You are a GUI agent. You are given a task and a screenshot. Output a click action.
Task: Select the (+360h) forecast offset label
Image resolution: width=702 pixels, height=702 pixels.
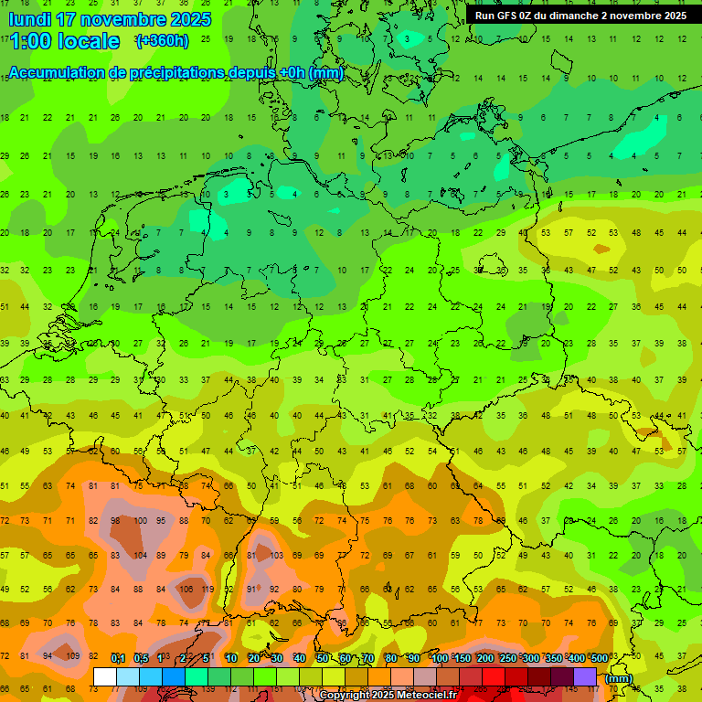coord(162,41)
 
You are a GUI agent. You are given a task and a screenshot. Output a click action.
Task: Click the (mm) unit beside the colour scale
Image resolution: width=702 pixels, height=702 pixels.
coord(619,678)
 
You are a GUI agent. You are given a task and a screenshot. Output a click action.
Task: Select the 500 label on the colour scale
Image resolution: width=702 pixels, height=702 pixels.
coord(599,658)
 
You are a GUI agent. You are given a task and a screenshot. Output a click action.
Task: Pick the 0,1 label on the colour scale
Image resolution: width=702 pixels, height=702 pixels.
coord(118,658)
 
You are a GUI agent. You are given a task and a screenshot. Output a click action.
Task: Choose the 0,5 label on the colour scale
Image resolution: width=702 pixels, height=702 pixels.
coord(141,658)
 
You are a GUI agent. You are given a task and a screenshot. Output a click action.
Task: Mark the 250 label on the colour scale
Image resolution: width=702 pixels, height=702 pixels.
coord(507,658)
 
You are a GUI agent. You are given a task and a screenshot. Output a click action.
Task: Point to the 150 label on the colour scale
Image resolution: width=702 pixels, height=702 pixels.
coord(462,658)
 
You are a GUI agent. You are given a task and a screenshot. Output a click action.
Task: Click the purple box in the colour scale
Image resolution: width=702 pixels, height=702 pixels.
coord(585,677)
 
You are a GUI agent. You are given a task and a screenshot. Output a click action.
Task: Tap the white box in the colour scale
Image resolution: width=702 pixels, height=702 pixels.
coord(105,677)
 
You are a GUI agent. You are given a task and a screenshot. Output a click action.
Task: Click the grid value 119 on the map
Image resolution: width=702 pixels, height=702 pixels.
coord(207,590)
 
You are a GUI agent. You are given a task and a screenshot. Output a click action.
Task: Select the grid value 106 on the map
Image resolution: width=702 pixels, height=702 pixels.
coord(186,590)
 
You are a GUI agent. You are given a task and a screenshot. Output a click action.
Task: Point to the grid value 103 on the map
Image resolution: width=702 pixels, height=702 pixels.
coord(276,555)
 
